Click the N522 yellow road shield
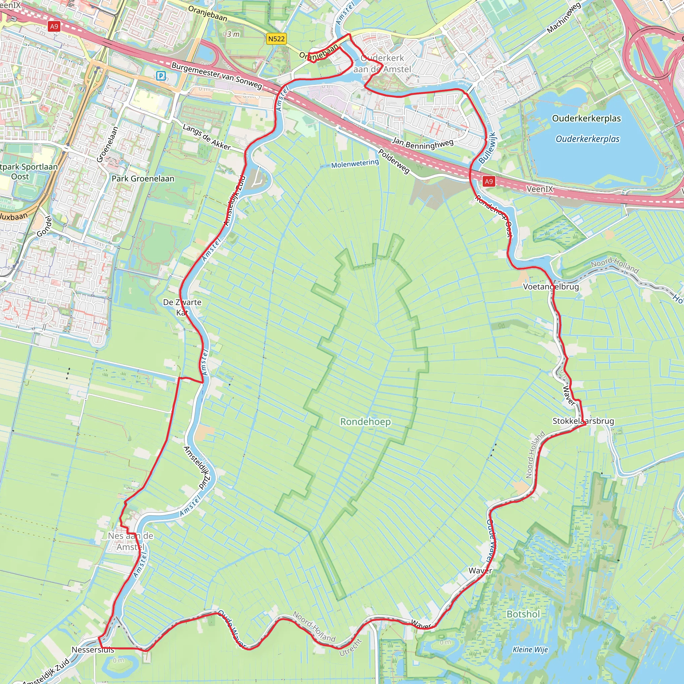(x=276, y=39)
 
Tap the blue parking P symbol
(x=161, y=75)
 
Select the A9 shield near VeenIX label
(x=489, y=182)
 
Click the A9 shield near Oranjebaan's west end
(x=54, y=27)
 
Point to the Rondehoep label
(x=365, y=422)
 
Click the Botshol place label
(x=523, y=614)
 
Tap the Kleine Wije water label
(x=530, y=649)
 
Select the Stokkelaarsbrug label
(x=583, y=421)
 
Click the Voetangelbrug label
(x=551, y=287)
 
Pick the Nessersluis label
(x=93, y=650)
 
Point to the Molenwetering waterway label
(x=355, y=164)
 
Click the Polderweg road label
(x=394, y=161)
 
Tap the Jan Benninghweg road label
(x=423, y=143)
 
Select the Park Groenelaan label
(x=143, y=178)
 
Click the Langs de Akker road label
(x=206, y=137)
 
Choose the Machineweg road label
(x=564, y=18)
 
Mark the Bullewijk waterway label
(x=488, y=148)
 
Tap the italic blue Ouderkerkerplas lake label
(x=587, y=139)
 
